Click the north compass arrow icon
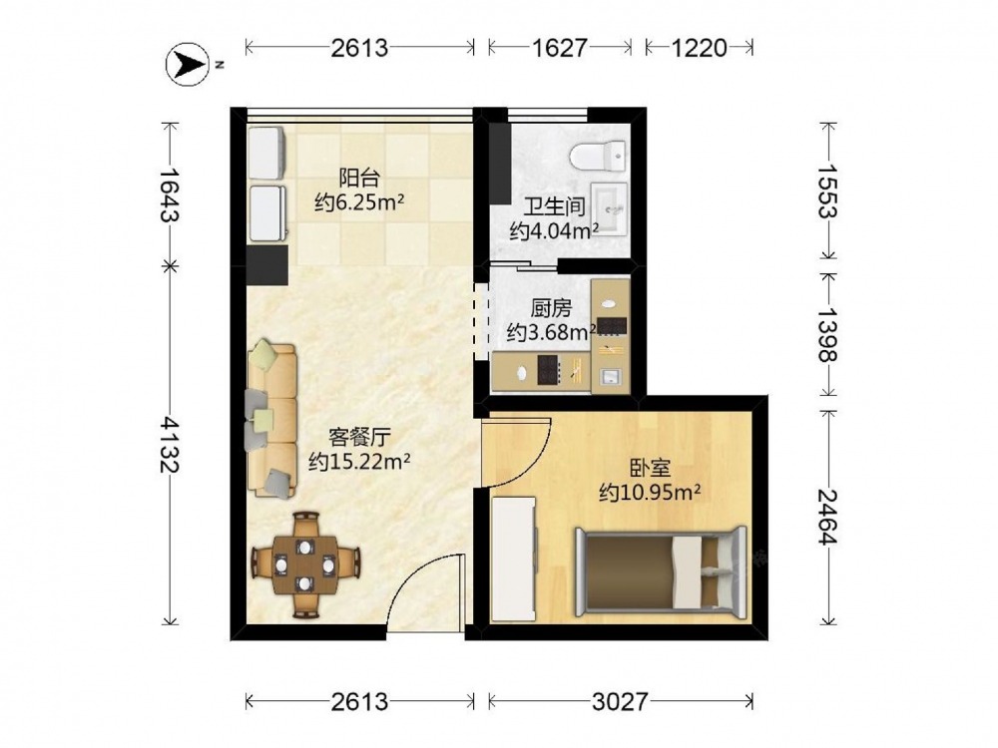pyautogui.click(x=188, y=64)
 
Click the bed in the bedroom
pyautogui.click(x=662, y=571)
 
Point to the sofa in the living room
pyautogui.click(x=271, y=420)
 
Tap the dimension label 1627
pyautogui.click(x=560, y=48)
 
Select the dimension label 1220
pyautogui.click(x=700, y=48)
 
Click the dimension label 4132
pyautogui.click(x=169, y=444)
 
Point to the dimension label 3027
pyautogui.click(x=620, y=701)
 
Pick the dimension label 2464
pyautogui.click(x=828, y=517)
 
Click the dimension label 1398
pyautogui.click(x=828, y=334)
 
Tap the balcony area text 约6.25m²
pyautogui.click(x=359, y=202)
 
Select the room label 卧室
pyautogui.click(x=650, y=469)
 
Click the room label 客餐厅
pyautogui.click(x=359, y=437)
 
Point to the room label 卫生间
pyautogui.click(x=554, y=206)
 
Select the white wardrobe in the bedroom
pyautogui.click(x=514, y=560)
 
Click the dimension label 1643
pyautogui.click(x=169, y=193)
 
